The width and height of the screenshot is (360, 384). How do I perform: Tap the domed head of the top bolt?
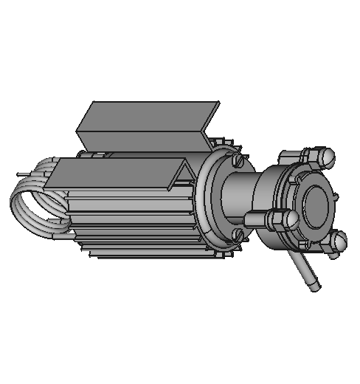[328, 157]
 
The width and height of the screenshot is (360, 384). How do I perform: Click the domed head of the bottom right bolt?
[339, 241]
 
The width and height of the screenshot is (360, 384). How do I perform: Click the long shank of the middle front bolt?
[255, 219]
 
